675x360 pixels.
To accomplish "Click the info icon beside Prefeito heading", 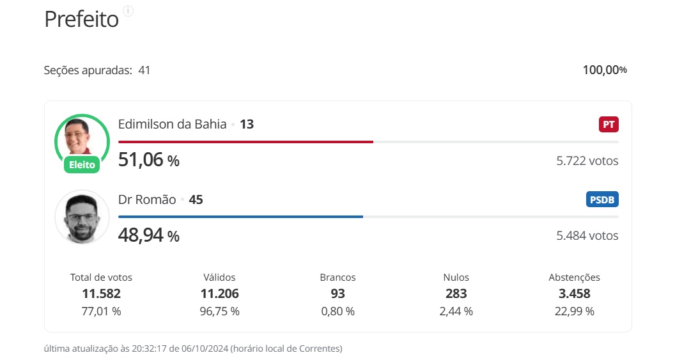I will [128, 11].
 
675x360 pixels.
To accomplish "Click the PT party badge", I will [609, 124].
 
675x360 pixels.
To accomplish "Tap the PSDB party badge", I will [602, 200].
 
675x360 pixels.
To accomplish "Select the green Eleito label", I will [82, 165].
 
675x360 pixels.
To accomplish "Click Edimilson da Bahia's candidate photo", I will [82, 137].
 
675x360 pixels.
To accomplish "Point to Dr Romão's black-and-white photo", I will [82, 216].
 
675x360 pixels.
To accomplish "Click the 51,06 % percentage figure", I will [149, 160].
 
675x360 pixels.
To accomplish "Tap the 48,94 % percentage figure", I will [149, 235].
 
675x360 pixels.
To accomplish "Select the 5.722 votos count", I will [587, 161].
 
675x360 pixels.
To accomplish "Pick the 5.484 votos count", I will [587, 236].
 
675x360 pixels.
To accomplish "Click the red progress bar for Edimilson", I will [245, 142].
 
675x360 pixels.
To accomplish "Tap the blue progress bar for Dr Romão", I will [240, 217].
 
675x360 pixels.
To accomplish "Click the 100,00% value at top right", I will [604, 70].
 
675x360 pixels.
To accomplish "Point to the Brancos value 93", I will [337, 293].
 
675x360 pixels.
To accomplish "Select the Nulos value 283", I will [456, 293].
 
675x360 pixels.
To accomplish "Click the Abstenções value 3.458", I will [574, 293].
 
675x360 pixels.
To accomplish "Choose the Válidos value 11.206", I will [219, 293].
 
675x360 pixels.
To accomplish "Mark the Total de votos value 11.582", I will [101, 293].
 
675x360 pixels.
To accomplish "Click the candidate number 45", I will [196, 200].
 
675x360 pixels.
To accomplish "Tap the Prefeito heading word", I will [81, 19].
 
